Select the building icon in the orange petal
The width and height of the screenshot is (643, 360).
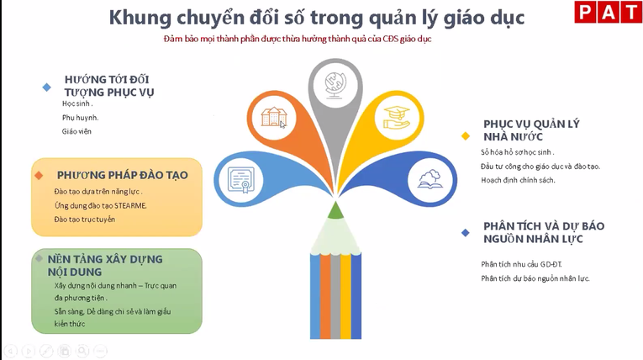(274, 117)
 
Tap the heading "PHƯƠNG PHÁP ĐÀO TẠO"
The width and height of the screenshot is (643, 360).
(122, 175)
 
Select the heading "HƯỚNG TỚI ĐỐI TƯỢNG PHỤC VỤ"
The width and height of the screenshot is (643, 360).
(108, 85)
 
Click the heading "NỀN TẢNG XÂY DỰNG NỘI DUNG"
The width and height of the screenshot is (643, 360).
(103, 265)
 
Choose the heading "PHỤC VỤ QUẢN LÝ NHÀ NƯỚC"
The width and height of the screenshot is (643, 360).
(519, 130)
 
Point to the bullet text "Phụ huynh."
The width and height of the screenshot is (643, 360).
(80, 117)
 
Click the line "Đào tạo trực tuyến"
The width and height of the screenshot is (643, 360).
(84, 220)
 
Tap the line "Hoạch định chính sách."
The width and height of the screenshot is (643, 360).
(518, 180)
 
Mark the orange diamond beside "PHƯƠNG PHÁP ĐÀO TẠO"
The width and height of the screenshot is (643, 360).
(39, 175)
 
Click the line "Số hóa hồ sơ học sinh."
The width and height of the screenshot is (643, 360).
(517, 151)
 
